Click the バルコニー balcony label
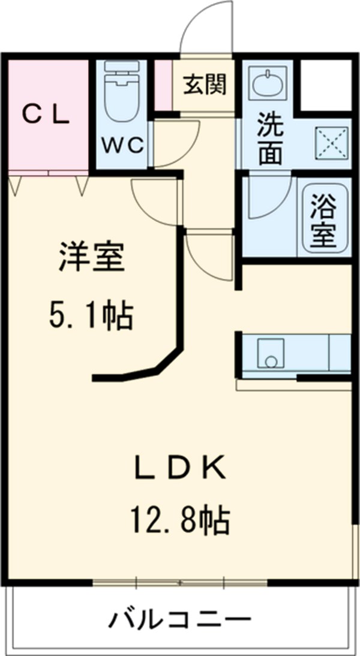click(x=179, y=618)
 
